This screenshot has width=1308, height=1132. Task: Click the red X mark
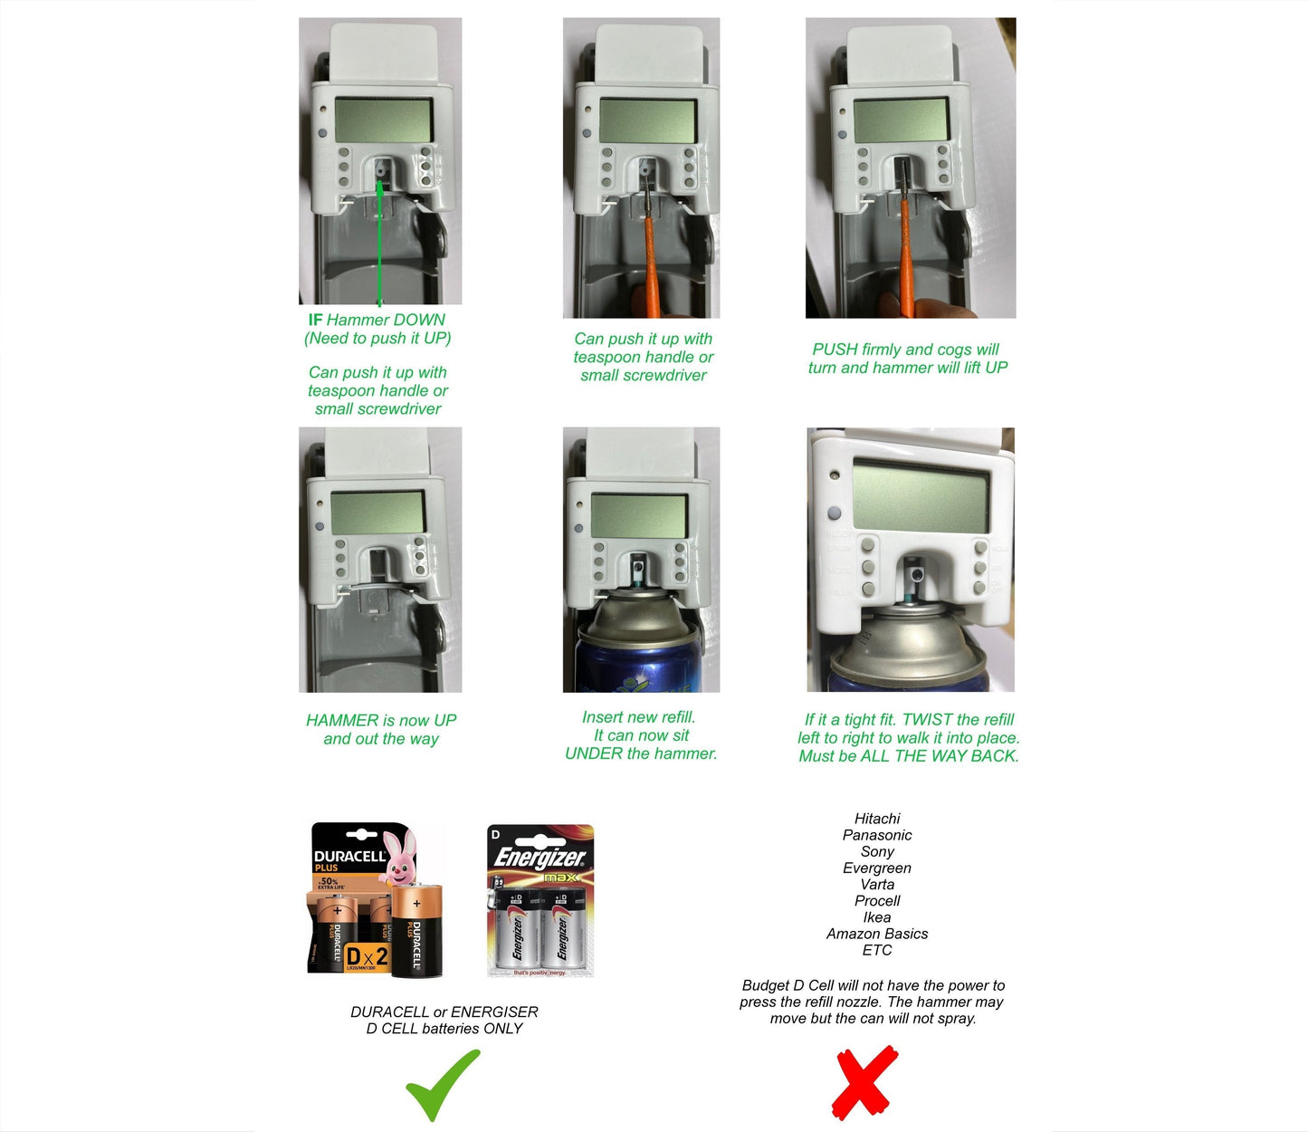point(864,1082)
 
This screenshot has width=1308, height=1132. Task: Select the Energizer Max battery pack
point(540,901)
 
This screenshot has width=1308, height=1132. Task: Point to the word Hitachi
point(877,819)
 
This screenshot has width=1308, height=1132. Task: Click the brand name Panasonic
point(877,835)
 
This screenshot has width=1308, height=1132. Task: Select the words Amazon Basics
point(877,934)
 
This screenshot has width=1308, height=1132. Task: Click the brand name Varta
point(877,885)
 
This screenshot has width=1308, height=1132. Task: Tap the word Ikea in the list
point(877,917)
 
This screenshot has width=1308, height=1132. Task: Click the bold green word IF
point(315,320)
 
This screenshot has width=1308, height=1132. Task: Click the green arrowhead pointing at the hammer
point(380,187)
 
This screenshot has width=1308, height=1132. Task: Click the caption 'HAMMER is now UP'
point(381,721)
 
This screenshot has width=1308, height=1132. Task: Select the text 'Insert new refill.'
point(639,717)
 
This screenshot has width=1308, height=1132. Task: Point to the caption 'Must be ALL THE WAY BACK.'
point(909,756)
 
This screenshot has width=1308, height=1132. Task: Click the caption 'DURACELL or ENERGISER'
point(444,1012)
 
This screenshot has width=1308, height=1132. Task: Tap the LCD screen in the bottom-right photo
point(920,495)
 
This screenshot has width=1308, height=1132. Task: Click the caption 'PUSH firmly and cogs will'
point(906,350)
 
